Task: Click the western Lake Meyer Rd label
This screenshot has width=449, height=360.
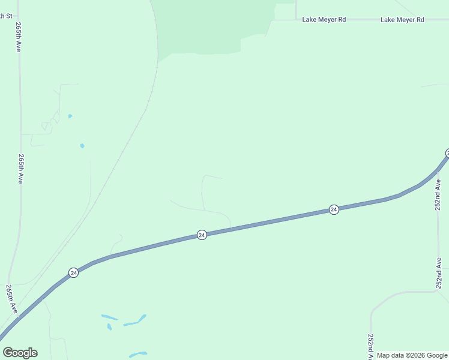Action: click(324, 20)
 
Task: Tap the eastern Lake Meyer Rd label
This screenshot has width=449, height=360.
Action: click(402, 20)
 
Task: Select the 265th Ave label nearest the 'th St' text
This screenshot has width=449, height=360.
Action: click(19, 37)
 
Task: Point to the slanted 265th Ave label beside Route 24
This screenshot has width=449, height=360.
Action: click(11, 298)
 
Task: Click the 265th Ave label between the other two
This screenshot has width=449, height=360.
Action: click(20, 168)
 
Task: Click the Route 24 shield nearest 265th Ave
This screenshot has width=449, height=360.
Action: click(73, 272)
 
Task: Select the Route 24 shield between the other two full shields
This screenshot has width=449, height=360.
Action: click(202, 235)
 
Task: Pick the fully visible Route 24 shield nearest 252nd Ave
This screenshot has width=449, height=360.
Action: click(334, 209)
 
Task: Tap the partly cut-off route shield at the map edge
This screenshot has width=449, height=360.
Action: click(447, 153)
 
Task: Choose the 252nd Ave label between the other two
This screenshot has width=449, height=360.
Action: click(439, 271)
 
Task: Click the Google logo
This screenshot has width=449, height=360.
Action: click(20, 353)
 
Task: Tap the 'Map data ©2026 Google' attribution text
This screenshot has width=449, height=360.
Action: click(412, 355)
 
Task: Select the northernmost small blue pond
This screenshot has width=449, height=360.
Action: click(70, 116)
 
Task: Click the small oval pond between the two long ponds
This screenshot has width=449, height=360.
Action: click(109, 327)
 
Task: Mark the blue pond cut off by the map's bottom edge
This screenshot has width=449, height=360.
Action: click(138, 355)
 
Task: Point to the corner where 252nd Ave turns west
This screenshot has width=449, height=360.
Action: click(437, 292)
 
